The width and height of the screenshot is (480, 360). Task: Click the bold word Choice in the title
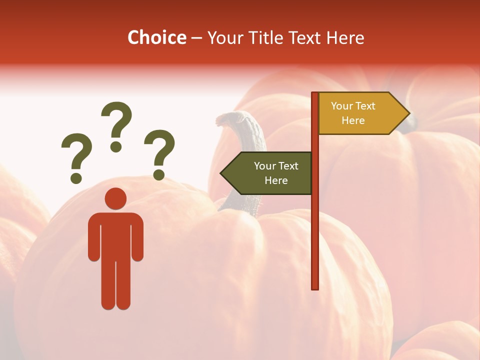pos(156,37)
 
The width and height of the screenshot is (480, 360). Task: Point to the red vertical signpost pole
pos(315,225)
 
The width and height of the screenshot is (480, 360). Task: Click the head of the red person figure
pos(115,198)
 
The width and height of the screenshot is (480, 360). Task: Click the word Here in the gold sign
pos(353,120)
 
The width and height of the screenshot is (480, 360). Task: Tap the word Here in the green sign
pos(276,180)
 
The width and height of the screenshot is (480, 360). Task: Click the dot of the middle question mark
pos(116,146)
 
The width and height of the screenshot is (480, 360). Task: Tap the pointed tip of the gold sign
pos(408,113)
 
